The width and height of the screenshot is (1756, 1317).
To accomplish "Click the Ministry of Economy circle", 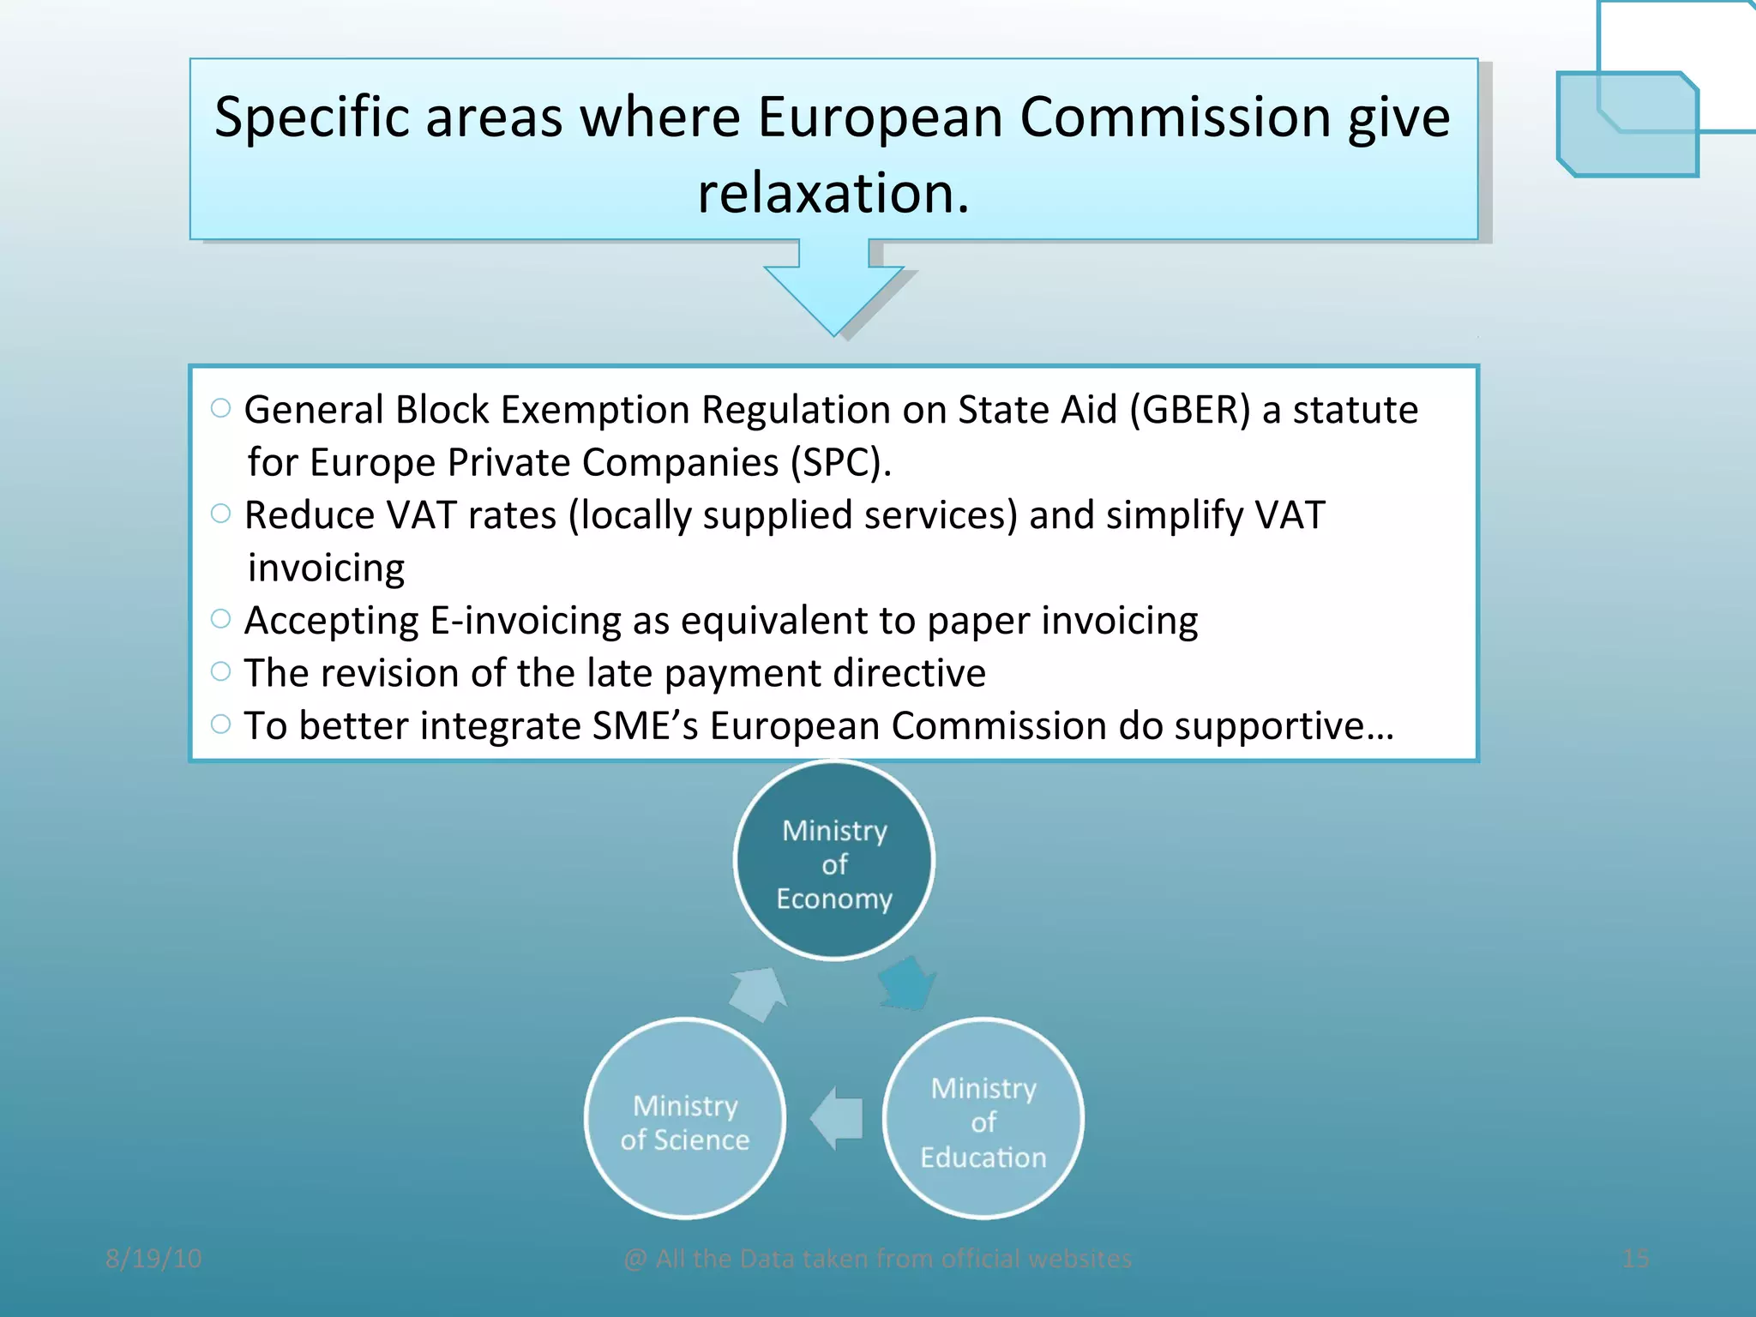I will pos(833,861).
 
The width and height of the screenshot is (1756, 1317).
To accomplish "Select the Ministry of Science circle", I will pos(684,1119).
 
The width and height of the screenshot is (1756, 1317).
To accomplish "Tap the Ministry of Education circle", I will pos(983,1119).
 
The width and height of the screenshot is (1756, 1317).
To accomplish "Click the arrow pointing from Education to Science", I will pos(837,1118).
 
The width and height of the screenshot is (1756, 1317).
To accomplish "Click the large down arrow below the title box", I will pos(833,292).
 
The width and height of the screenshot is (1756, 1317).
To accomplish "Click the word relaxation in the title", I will pos(833,193).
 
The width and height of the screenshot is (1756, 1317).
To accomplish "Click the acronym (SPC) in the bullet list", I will pos(836,463).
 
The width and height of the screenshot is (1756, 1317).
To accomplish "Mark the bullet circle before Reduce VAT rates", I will pos(220,514).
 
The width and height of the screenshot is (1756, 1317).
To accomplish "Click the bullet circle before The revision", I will pos(220,671).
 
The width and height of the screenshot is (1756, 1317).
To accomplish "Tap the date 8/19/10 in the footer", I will pos(153,1258).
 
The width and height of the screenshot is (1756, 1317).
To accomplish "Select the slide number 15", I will pos(1635,1258).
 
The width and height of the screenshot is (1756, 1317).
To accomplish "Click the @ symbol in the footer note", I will pos(635,1259).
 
